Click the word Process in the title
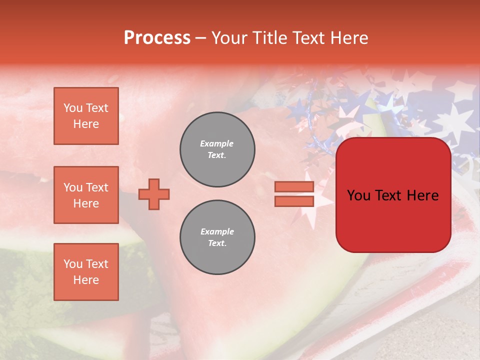click(x=157, y=38)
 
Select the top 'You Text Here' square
click(x=86, y=116)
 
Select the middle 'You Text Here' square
click(x=86, y=195)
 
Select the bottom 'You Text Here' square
click(x=86, y=272)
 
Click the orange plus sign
click(x=154, y=194)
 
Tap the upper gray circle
click(x=217, y=149)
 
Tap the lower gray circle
click(x=217, y=237)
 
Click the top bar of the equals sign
click(x=294, y=187)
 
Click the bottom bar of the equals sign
click(x=294, y=201)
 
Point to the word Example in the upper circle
click(x=217, y=143)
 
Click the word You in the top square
click(x=73, y=108)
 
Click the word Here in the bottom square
click(x=86, y=280)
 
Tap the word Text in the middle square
click(x=97, y=187)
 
